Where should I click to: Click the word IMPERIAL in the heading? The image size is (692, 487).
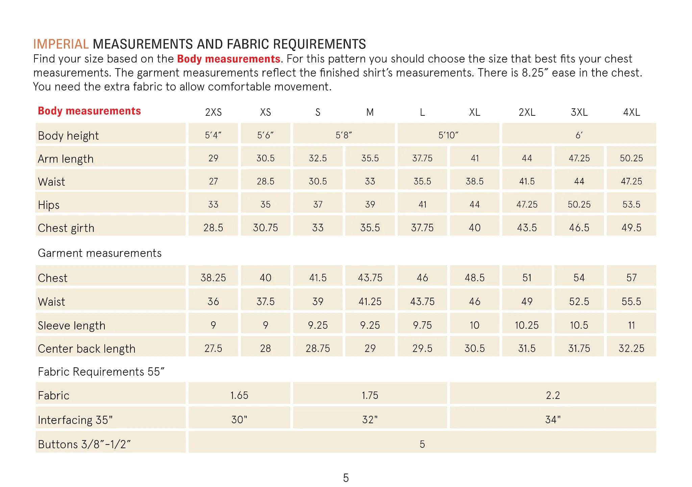[61, 44]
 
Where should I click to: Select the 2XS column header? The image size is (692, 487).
[213, 112]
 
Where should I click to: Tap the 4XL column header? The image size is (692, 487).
[631, 112]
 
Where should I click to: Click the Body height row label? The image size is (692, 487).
[68, 136]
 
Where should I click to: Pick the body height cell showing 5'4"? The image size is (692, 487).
[213, 135]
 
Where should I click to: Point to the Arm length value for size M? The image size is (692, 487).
[370, 158]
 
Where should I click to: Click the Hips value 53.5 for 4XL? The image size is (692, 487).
[631, 205]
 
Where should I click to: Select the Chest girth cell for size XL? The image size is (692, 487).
[474, 228]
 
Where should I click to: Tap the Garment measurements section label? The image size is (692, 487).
[100, 253]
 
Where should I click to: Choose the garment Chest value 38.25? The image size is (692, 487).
[213, 278]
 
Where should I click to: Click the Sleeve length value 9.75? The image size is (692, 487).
[422, 325]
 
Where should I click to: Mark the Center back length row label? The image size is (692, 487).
[86, 349]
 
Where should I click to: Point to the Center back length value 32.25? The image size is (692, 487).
[631, 348]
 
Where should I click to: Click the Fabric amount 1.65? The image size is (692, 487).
[239, 395]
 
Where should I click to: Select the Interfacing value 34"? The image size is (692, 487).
[553, 420]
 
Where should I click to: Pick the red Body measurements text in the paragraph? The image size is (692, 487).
[228, 59]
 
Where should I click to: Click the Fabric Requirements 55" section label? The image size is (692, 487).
[101, 372]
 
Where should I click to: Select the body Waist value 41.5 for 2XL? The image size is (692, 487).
[527, 182]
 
